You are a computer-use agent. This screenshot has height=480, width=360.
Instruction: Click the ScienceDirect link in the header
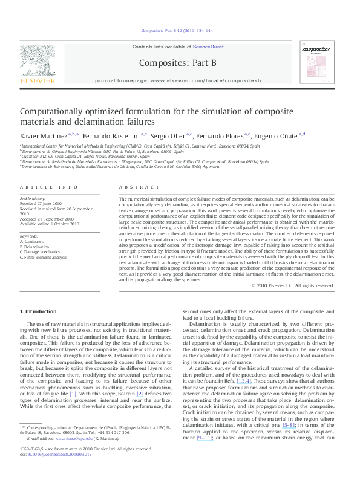tap(208, 47)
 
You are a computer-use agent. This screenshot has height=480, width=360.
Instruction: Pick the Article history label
tap(33, 198)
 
